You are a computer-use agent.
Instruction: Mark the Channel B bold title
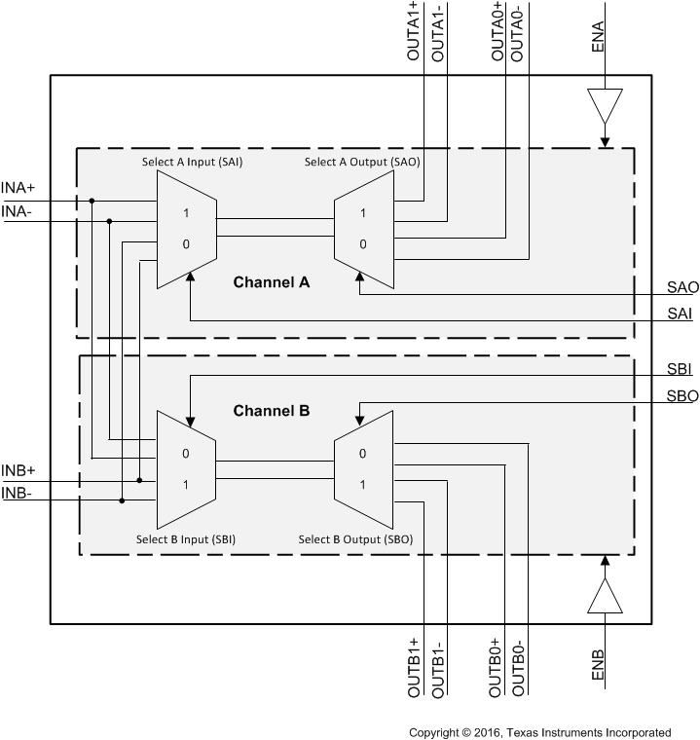[271, 411]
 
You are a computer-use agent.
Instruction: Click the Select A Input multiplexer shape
[186, 230]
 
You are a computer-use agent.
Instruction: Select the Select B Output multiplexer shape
[364, 470]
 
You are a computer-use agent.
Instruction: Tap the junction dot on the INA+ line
[92, 202]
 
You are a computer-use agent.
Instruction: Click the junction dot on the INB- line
[122, 500]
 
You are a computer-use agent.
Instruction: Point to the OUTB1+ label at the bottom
[412, 667]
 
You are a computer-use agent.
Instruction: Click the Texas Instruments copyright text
[539, 732]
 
